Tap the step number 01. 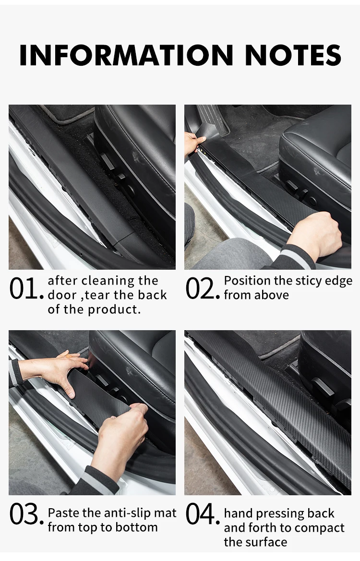pos(26,288)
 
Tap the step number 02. pos(203,288)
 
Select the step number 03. pos(26,514)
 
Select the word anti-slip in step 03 pos(121,513)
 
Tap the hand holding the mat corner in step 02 pos(193,142)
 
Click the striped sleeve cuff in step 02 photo pos(298,257)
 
